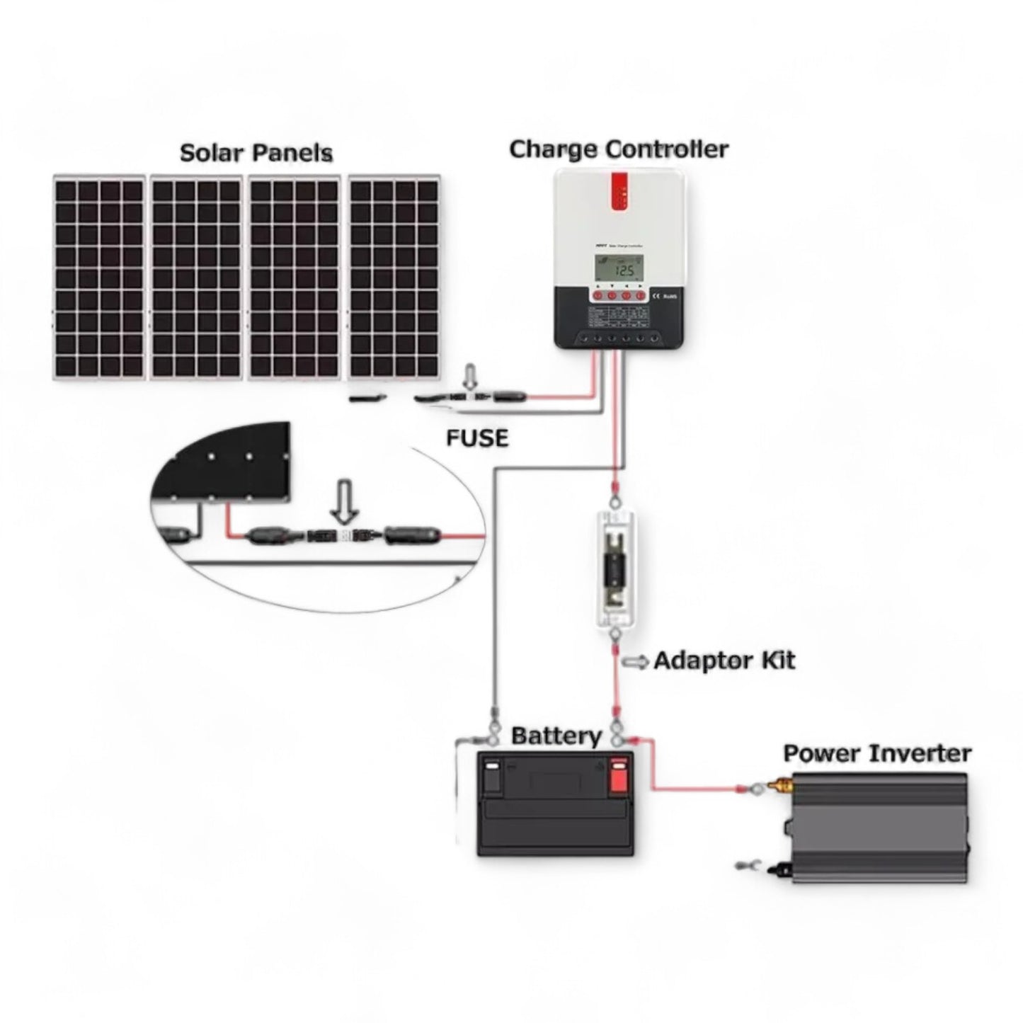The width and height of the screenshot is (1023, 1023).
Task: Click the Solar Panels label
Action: click(256, 153)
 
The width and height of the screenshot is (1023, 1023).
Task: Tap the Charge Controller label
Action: click(618, 149)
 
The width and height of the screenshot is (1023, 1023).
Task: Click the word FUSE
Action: click(477, 438)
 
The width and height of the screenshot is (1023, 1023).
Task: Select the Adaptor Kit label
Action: click(724, 661)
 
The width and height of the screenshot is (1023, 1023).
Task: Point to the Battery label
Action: click(556, 736)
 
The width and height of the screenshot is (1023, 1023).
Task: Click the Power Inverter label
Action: click(876, 753)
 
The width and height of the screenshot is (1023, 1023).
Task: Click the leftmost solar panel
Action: click(99, 278)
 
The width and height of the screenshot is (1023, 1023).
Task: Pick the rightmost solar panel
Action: click(394, 278)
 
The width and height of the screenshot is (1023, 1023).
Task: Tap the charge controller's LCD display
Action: click(619, 269)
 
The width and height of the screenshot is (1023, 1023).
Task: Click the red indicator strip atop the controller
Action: click(620, 192)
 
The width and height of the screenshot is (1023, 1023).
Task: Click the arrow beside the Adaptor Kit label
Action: click(635, 662)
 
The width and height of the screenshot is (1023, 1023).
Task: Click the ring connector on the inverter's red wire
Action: click(759, 787)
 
